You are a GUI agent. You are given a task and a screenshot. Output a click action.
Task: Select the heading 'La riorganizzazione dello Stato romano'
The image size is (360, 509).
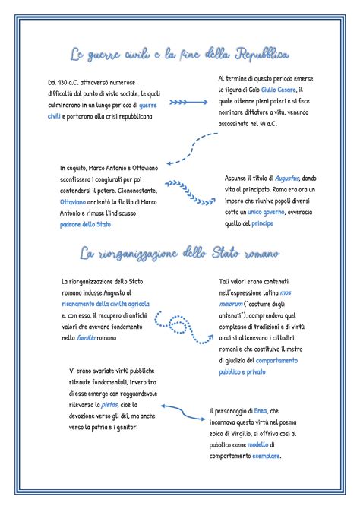click(179, 252)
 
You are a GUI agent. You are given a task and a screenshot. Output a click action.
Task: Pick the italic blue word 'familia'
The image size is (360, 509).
click(87, 337)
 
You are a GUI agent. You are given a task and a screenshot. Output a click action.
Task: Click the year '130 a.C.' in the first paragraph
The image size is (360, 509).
click(71, 81)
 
